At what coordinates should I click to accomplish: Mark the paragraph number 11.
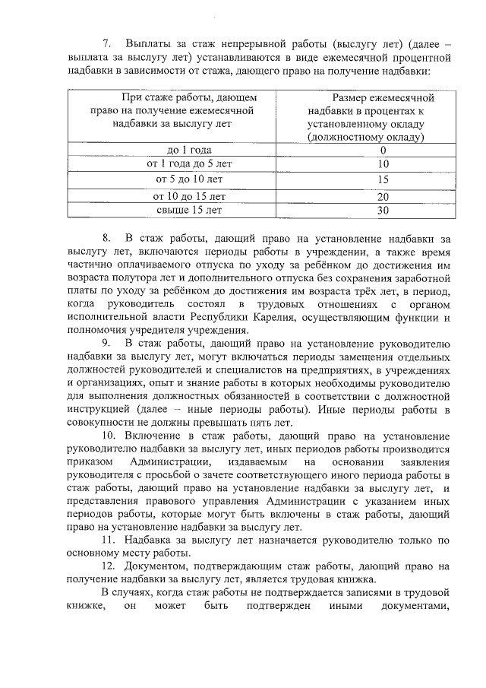coord(108,541)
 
